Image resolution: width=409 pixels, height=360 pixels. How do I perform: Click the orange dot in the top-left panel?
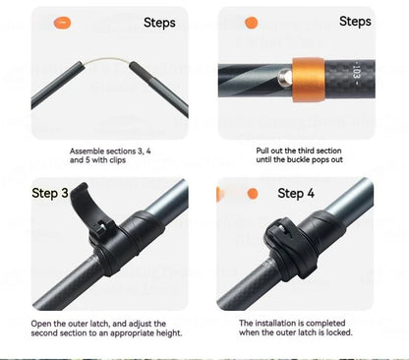(x=62, y=24)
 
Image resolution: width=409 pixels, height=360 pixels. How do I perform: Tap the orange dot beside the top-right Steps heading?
(x=252, y=23)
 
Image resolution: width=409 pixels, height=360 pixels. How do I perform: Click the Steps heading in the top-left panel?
(x=159, y=23)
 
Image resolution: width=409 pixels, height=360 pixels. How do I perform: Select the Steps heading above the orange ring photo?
(x=355, y=22)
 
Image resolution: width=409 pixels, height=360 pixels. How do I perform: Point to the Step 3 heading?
(x=50, y=193)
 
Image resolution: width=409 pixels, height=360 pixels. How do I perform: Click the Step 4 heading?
(x=296, y=193)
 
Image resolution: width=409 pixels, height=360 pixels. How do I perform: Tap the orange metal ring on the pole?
(x=309, y=80)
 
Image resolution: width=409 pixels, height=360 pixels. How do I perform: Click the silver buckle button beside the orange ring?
(x=285, y=78)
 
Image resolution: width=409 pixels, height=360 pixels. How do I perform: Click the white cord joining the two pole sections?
(x=107, y=60)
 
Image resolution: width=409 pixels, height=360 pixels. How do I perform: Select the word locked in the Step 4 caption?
(x=339, y=332)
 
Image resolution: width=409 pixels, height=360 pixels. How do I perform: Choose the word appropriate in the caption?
(x=132, y=333)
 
